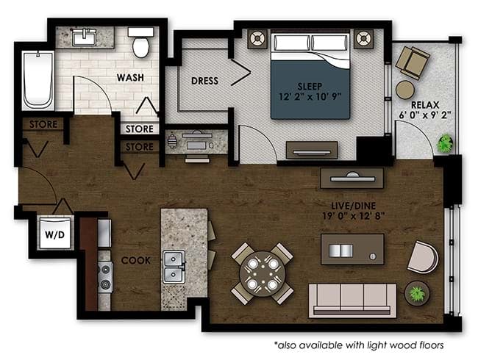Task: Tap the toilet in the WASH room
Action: click(140, 44)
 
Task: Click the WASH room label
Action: click(129, 77)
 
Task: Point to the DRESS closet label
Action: click(204, 81)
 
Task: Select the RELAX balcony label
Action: click(426, 105)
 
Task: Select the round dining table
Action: click(263, 273)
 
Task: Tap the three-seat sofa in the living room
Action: click(351, 298)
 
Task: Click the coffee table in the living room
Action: click(352, 249)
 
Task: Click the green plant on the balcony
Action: click(444, 144)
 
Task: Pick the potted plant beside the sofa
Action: click(418, 293)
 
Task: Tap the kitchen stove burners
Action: click(105, 277)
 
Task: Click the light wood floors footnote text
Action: click(359, 345)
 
